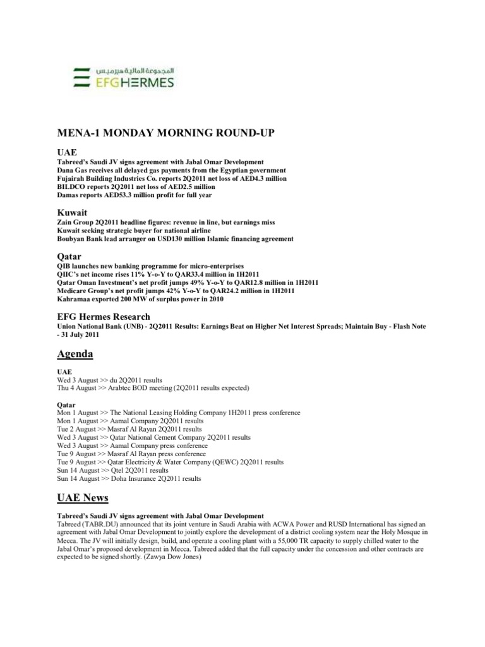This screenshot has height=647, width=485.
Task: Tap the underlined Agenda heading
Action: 75,354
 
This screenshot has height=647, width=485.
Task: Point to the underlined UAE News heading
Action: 83,498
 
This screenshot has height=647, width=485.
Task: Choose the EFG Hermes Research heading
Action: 104,316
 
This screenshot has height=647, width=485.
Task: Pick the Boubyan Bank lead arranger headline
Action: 175,239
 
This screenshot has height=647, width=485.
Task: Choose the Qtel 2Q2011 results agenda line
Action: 113,470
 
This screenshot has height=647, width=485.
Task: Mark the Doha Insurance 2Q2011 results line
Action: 129,478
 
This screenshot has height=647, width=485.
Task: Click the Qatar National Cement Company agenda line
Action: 153,437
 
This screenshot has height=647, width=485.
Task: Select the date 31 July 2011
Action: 80,335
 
